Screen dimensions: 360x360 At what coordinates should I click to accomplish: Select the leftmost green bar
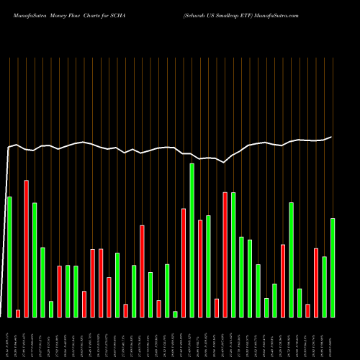pyautogui.click(x=9, y=256)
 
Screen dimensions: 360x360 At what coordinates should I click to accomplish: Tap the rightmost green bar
pyautogui.click(x=333, y=267)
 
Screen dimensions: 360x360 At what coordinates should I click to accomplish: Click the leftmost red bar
pyautogui.click(x=18, y=313)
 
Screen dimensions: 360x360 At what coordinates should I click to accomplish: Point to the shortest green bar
pyautogui.click(x=175, y=314)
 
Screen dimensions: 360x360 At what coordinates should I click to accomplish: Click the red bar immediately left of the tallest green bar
pyautogui.click(x=184, y=262)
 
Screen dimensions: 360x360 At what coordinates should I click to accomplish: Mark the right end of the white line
pyautogui.click(x=332, y=137)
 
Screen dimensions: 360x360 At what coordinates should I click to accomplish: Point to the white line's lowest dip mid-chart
pyautogui.click(x=224, y=163)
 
